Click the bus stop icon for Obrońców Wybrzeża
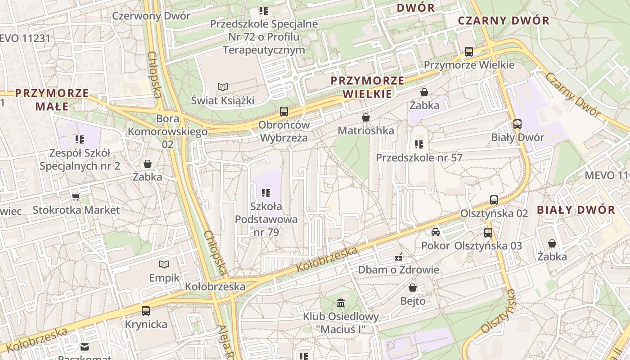(284, 111)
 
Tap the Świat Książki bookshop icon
(222, 86)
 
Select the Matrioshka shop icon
(366, 117)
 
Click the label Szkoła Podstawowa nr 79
(266, 220)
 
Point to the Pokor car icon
(435, 232)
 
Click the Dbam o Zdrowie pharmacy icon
(398, 257)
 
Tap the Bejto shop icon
(413, 288)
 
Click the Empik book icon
(164, 264)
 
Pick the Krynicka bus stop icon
(146, 310)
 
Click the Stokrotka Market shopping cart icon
(76, 197)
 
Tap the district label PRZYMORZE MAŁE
(52, 99)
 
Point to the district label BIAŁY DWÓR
(576, 210)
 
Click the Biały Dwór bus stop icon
(517, 124)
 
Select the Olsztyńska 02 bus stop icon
(494, 200)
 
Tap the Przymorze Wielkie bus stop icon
(469, 51)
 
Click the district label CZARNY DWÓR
(504, 21)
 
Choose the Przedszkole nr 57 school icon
(418, 144)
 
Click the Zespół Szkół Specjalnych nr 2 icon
(80, 139)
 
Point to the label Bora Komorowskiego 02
(167, 131)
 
